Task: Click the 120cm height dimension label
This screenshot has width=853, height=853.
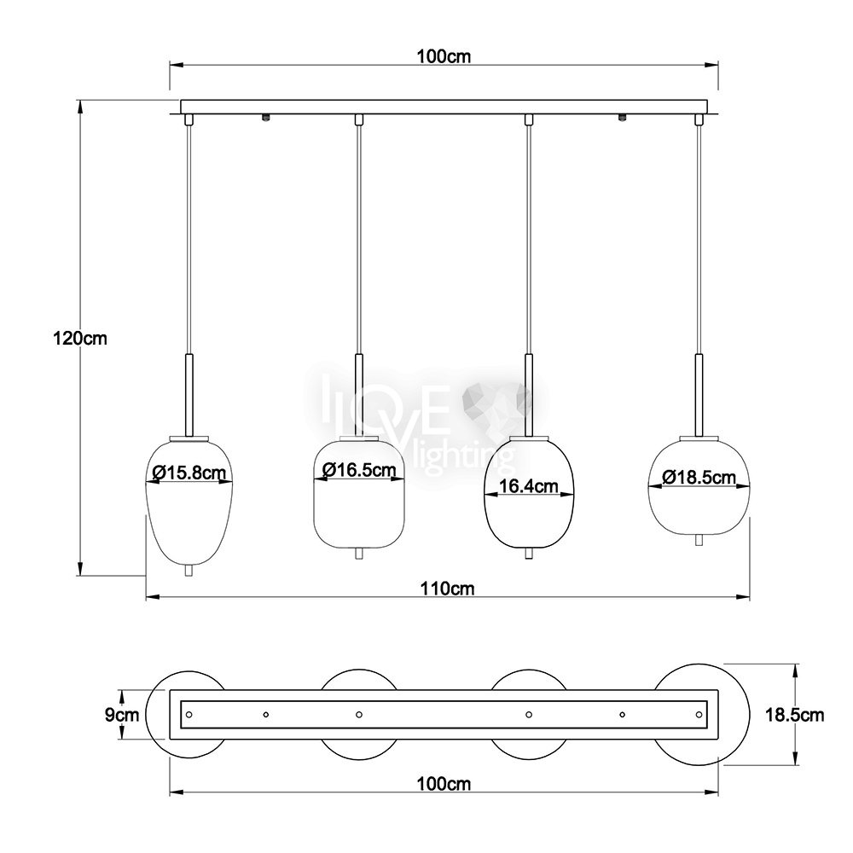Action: pyautogui.click(x=80, y=339)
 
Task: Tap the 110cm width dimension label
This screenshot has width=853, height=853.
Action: pyautogui.click(x=447, y=589)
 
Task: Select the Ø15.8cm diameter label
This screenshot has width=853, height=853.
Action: pyautogui.click(x=189, y=473)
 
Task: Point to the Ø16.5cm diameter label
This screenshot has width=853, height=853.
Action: pyautogui.click(x=359, y=469)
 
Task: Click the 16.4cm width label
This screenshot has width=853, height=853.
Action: pyautogui.click(x=529, y=486)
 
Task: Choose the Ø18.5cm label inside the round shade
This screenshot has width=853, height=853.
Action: pyautogui.click(x=699, y=477)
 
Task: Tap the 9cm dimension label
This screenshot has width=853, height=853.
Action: pyautogui.click(x=122, y=715)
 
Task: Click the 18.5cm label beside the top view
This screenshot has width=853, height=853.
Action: pyautogui.click(x=795, y=715)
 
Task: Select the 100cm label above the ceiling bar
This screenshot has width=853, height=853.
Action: pyautogui.click(x=444, y=56)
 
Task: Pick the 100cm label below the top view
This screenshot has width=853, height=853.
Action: pyautogui.click(x=444, y=784)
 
